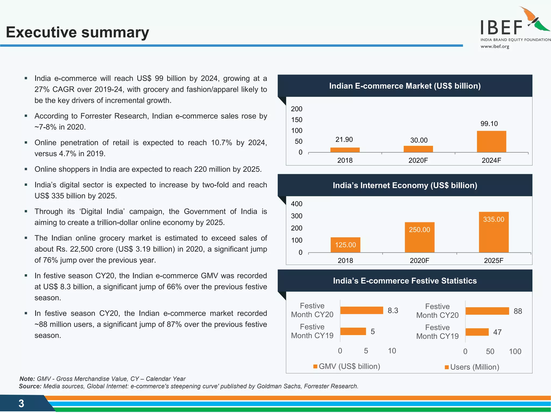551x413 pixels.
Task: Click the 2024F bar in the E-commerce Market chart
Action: click(491, 142)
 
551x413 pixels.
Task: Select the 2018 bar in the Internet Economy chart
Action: click(345, 245)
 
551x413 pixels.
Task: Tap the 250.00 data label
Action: click(419, 230)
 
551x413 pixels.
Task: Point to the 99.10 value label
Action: click(489, 124)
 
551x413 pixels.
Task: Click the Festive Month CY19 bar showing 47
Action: click(477, 332)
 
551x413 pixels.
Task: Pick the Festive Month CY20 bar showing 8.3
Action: click(361, 310)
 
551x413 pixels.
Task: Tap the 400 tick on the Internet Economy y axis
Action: click(296, 204)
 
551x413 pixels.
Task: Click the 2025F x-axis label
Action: click(493, 261)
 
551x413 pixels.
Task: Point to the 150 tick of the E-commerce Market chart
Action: click(296, 120)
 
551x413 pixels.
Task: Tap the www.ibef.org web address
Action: click(495, 47)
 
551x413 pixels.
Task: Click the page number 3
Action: click(21, 403)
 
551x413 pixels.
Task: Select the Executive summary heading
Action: click(77, 32)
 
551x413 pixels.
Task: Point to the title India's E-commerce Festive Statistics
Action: click(405, 281)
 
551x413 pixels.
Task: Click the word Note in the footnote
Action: click(27, 379)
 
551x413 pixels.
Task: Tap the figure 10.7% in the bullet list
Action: click(221, 143)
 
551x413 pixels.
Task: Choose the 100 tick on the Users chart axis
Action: click(515, 351)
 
